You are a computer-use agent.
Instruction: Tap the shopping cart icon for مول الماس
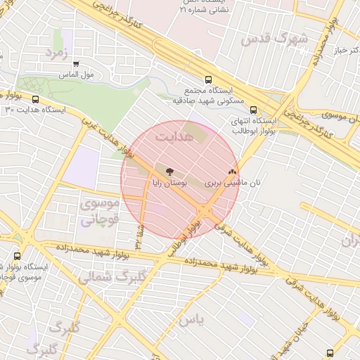(x=76, y=64)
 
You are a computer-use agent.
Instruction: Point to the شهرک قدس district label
(x=275, y=39)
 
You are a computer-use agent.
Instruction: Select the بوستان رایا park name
(x=169, y=182)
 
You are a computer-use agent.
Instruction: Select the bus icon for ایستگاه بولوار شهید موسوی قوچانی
(x=18, y=257)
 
